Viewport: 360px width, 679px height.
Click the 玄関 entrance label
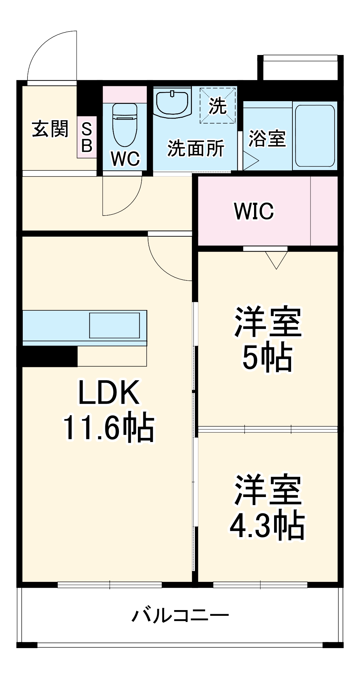click(50, 129)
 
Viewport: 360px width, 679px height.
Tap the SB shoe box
click(87, 137)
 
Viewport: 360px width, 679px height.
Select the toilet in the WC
click(125, 124)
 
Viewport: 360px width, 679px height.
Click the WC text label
click(125, 159)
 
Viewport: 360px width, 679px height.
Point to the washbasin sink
click(172, 103)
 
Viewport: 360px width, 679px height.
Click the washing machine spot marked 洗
click(218, 106)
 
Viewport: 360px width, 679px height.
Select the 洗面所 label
click(196, 148)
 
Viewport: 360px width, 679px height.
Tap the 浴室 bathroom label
click(267, 139)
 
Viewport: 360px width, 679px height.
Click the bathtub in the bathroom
click(315, 135)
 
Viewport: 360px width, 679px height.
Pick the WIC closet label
click(254, 211)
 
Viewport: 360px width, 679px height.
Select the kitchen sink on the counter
click(114, 325)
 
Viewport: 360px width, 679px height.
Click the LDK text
click(109, 393)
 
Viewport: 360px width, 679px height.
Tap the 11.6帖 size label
click(109, 428)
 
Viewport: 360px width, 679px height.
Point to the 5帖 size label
click(267, 357)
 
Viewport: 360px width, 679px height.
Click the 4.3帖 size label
click(267, 526)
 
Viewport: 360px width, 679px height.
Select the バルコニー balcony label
click(180, 615)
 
